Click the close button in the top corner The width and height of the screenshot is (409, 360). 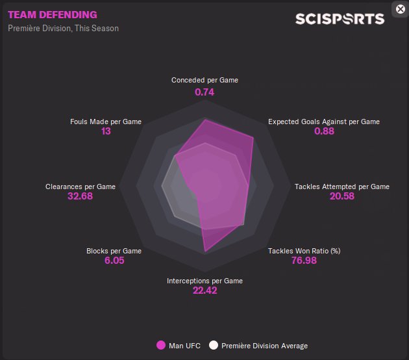coord(401,8)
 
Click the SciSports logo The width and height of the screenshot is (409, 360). coord(340,19)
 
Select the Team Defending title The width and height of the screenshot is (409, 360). coord(53,14)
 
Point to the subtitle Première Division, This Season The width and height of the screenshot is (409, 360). coord(64,29)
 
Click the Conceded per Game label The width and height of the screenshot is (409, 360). coord(204,80)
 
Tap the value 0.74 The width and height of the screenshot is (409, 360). coord(204,92)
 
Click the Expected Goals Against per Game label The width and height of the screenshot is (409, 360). coord(324,122)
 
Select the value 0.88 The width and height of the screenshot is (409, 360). coord(324,131)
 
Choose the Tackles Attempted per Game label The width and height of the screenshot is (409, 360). coord(342,186)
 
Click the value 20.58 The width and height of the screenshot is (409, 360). coord(342,196)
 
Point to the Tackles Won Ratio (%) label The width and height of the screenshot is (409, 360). coord(304,251)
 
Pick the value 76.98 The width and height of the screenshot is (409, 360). coord(304,261)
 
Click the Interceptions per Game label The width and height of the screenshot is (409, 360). coord(204,281)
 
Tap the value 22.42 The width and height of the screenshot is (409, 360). coord(204,290)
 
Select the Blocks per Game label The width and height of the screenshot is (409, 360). coord(114,251)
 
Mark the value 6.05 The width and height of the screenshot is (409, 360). coord(114,261)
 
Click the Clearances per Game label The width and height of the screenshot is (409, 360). coord(81,186)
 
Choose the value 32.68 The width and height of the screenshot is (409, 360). coord(81,196)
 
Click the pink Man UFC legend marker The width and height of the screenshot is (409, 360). coord(161,345)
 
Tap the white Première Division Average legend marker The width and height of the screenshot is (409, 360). coord(213,345)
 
